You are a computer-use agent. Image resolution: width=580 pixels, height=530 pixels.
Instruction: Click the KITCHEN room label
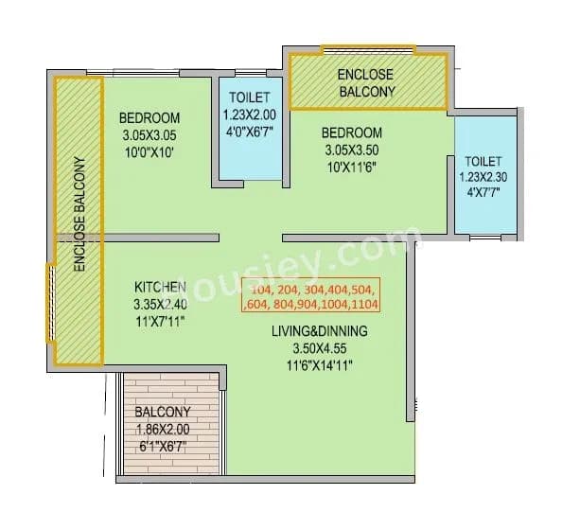pos(158,286)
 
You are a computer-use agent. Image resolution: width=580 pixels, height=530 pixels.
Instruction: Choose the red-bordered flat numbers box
pos(311,296)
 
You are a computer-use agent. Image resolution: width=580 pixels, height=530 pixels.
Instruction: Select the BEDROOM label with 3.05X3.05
pos(149,118)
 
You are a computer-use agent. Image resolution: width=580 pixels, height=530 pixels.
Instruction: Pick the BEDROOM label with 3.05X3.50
pos(351,132)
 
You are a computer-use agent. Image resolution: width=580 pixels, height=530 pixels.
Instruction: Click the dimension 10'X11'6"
pos(351,166)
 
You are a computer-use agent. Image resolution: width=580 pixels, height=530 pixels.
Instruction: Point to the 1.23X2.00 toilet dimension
pos(250,114)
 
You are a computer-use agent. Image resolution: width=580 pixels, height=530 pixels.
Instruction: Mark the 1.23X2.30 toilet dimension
pos(483,178)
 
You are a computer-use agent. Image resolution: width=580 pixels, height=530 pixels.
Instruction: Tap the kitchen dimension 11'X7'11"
pos(158,320)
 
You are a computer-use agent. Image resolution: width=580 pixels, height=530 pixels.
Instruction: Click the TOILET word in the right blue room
pos(483,162)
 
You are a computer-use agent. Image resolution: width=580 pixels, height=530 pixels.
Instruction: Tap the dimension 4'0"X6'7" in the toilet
pos(250,131)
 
